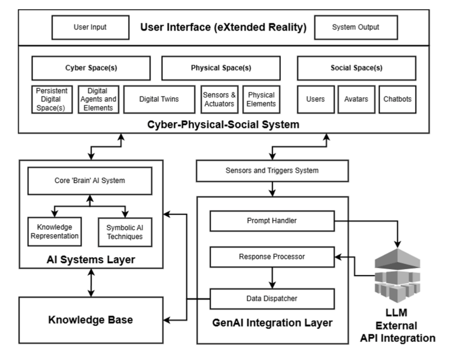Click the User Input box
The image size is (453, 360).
pyautogui.click(x=90, y=27)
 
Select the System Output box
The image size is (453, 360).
pyautogui.click(x=356, y=27)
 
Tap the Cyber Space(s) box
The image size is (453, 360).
pyautogui.click(x=91, y=68)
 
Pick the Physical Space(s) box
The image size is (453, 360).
pyautogui.click(x=221, y=68)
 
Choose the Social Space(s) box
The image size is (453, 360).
pyautogui.click(x=356, y=68)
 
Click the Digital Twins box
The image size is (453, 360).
pyautogui.click(x=159, y=100)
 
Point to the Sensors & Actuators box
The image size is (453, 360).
pyautogui.click(x=219, y=100)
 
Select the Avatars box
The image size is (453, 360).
pyautogui.click(x=356, y=100)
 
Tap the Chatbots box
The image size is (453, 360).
pyautogui.click(x=397, y=100)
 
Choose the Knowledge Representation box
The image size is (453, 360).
pyautogui.click(x=54, y=232)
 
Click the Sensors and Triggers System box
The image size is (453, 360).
pyautogui.click(x=272, y=170)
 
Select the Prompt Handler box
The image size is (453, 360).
pyautogui.click(x=272, y=221)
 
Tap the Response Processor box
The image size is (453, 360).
pyautogui.click(x=272, y=257)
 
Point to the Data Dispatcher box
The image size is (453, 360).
pyautogui.click(x=272, y=299)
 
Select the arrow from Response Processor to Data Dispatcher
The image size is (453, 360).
pyautogui.click(x=272, y=278)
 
